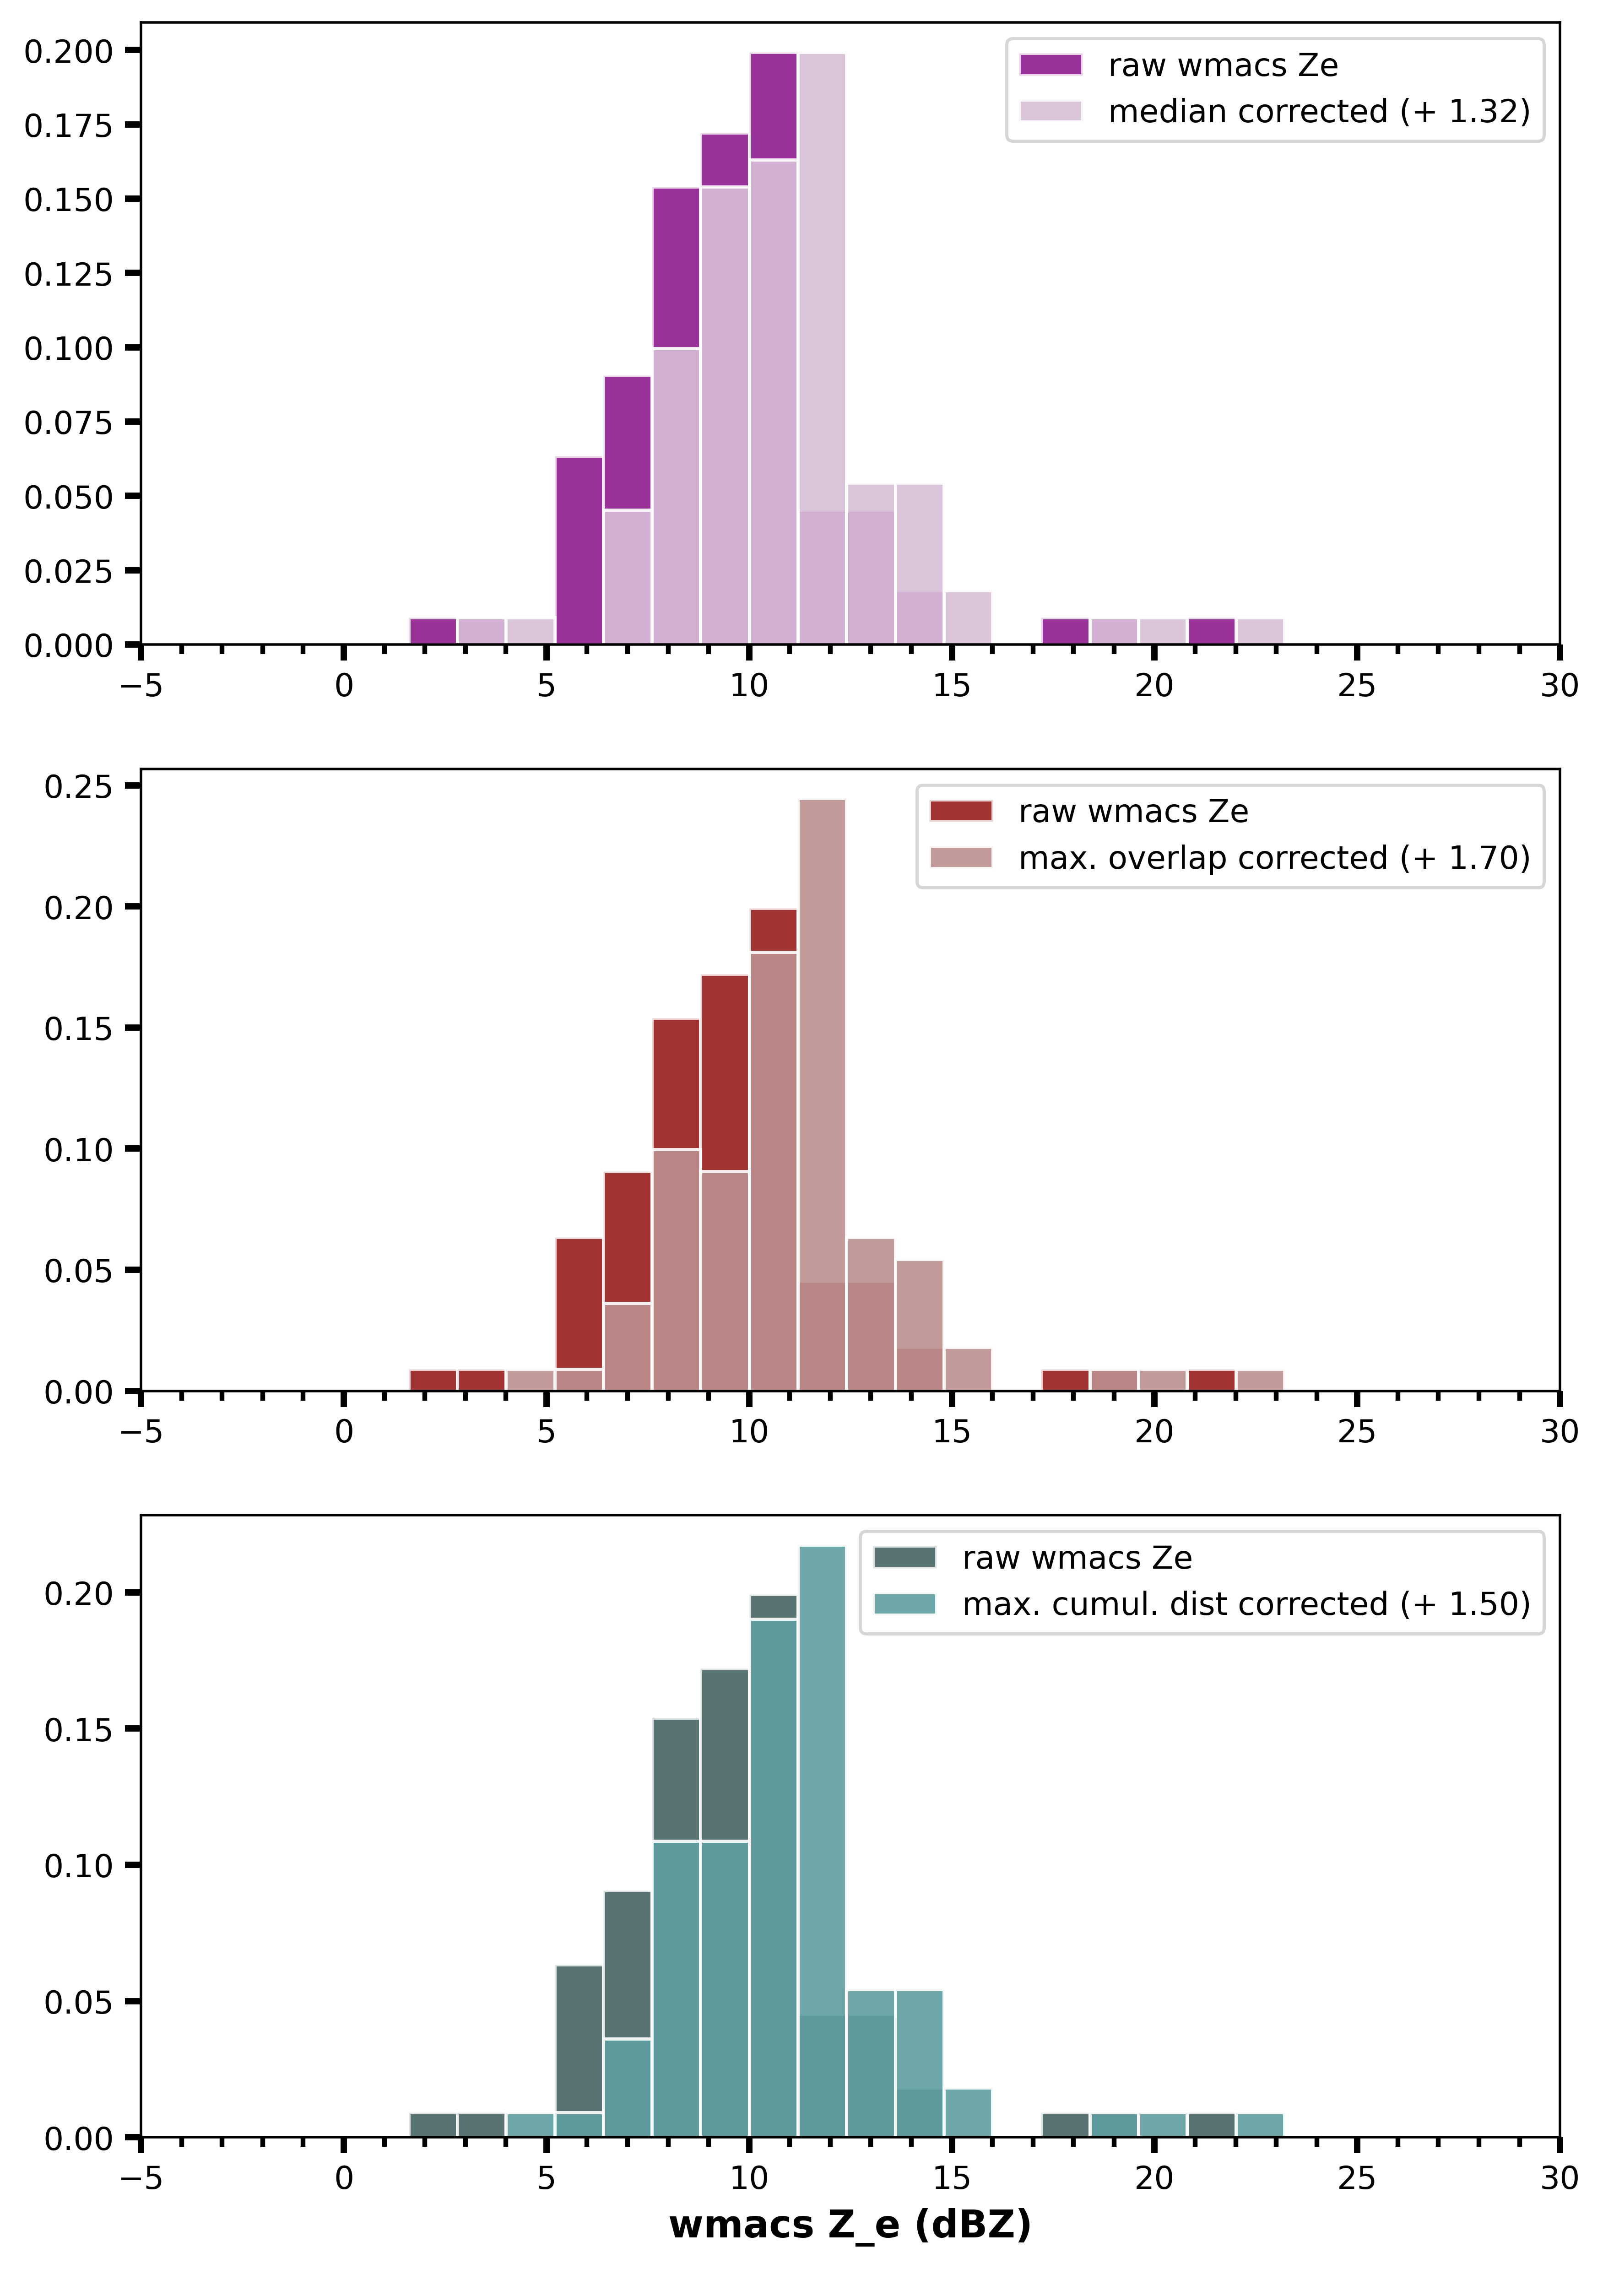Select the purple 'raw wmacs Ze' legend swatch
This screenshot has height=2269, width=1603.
(x=1051, y=65)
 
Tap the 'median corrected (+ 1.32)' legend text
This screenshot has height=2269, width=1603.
(x=1318, y=112)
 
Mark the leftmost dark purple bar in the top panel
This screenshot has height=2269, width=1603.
(x=433, y=632)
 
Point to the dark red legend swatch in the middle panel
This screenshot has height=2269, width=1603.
(x=961, y=812)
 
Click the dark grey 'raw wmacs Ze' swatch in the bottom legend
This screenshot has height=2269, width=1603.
(x=904, y=1558)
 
